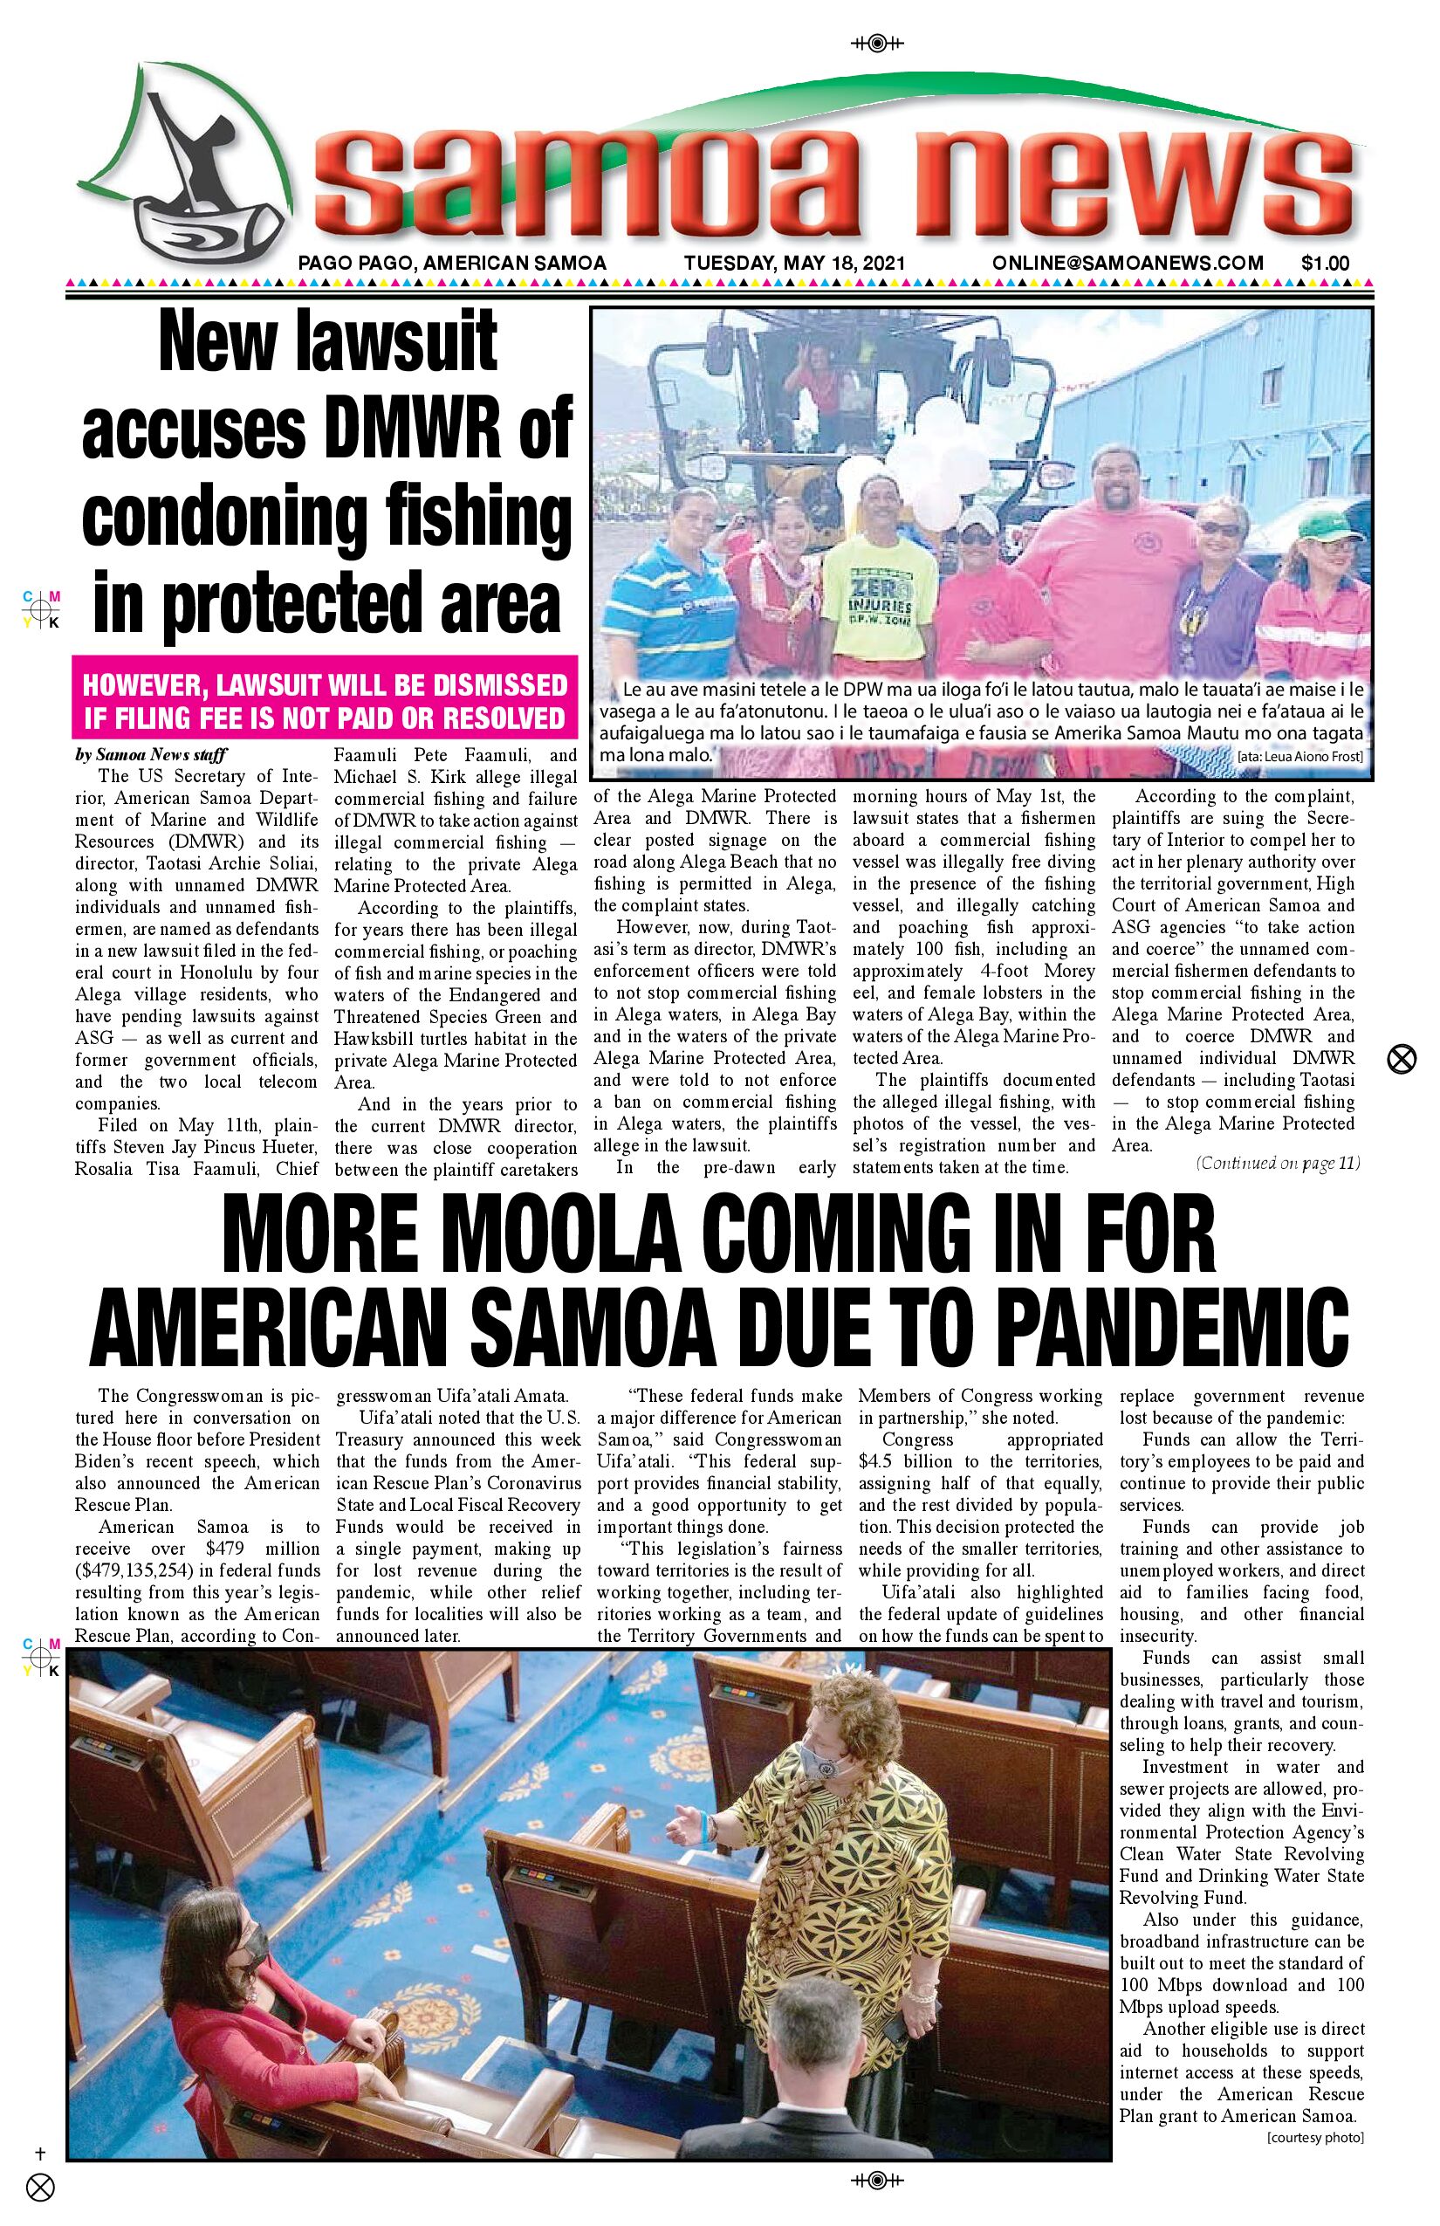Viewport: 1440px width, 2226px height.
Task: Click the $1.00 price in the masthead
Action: coord(1325,263)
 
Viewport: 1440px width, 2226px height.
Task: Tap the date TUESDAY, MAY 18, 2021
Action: coord(794,263)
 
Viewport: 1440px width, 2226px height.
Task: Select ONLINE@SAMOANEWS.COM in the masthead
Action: coord(1128,263)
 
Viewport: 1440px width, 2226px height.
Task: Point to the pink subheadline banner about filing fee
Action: coord(325,700)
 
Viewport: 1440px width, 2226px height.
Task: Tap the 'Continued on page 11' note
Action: coord(1278,1164)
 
